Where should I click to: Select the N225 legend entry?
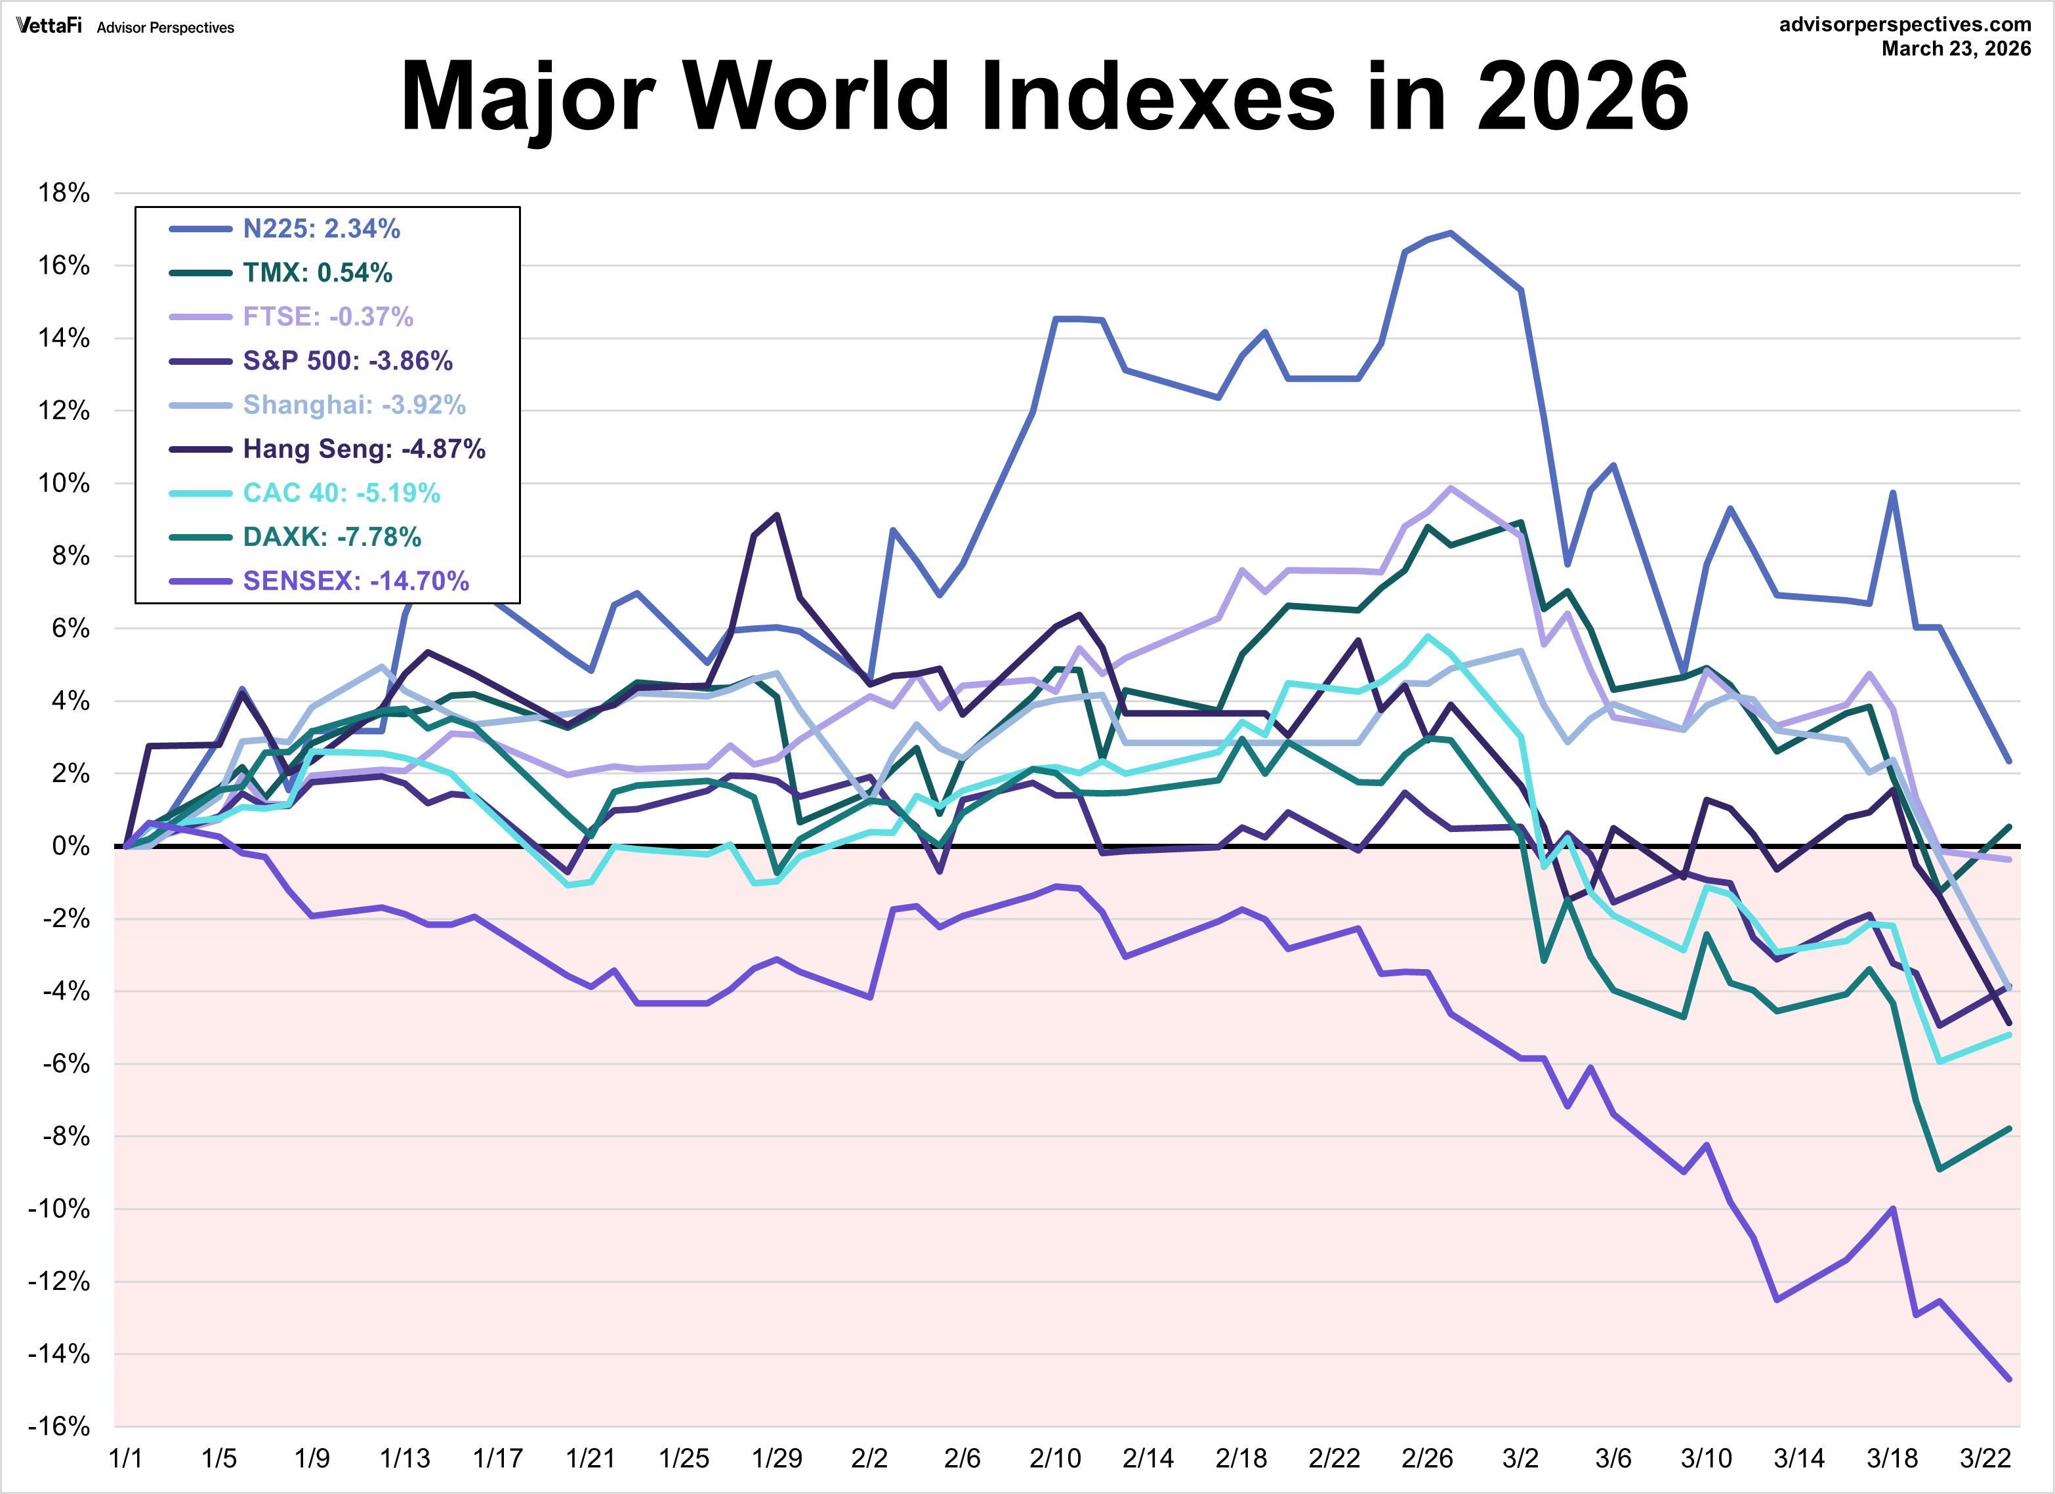pyautogui.click(x=321, y=228)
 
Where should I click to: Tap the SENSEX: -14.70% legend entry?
pyautogui.click(x=355, y=581)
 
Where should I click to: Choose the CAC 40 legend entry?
pyautogui.click(x=341, y=493)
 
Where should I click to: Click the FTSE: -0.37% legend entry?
pyautogui.click(x=327, y=316)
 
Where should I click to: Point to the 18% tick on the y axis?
pyautogui.click(x=64, y=193)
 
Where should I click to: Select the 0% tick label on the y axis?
pyautogui.click(x=70, y=846)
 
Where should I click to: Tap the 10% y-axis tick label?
pyautogui.click(x=64, y=483)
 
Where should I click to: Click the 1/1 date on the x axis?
pyautogui.click(x=125, y=1459)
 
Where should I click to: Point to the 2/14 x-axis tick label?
pyautogui.click(x=1148, y=1459)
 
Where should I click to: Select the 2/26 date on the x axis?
pyautogui.click(x=1427, y=1459)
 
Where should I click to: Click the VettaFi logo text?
pyautogui.click(x=49, y=26)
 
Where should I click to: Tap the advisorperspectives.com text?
pyautogui.click(x=1905, y=24)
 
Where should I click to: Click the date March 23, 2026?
pyautogui.click(x=1955, y=49)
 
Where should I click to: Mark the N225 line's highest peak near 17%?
pyautogui.click(x=1451, y=233)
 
